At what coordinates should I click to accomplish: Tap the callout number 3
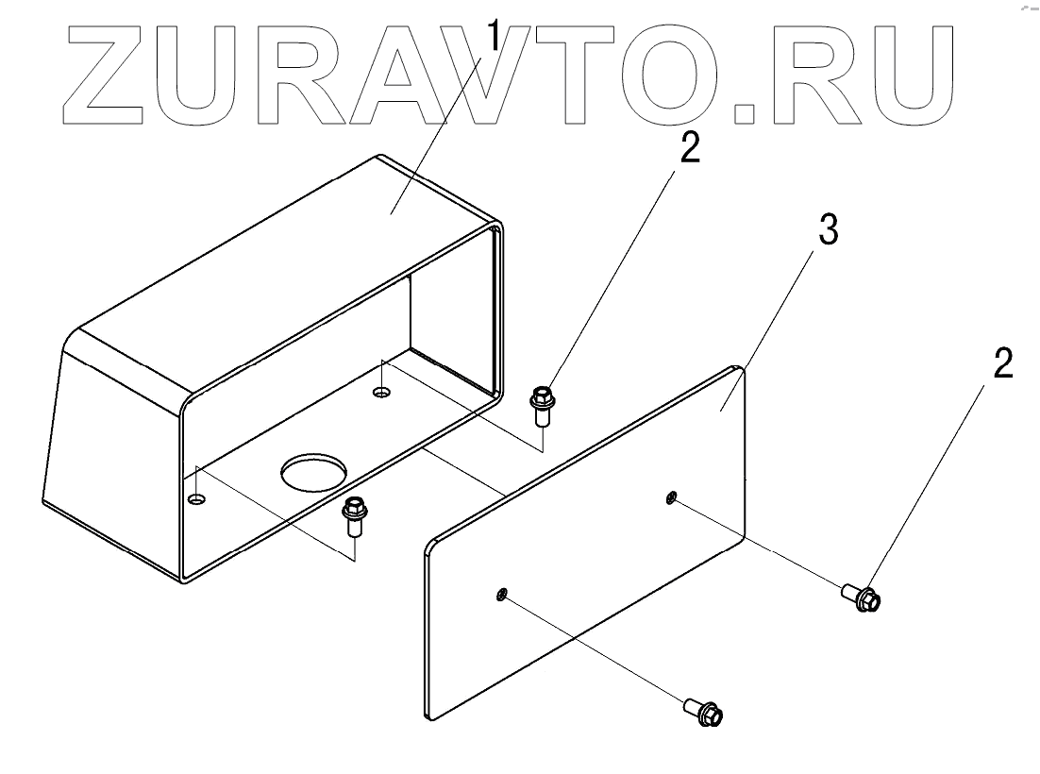(827, 230)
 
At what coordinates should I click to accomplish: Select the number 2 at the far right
(1002, 363)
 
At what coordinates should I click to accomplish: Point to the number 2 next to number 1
(690, 148)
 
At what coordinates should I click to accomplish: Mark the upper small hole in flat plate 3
(671, 496)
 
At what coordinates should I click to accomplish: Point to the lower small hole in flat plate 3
(502, 594)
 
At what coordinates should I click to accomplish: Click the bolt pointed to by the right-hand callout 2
(861, 597)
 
